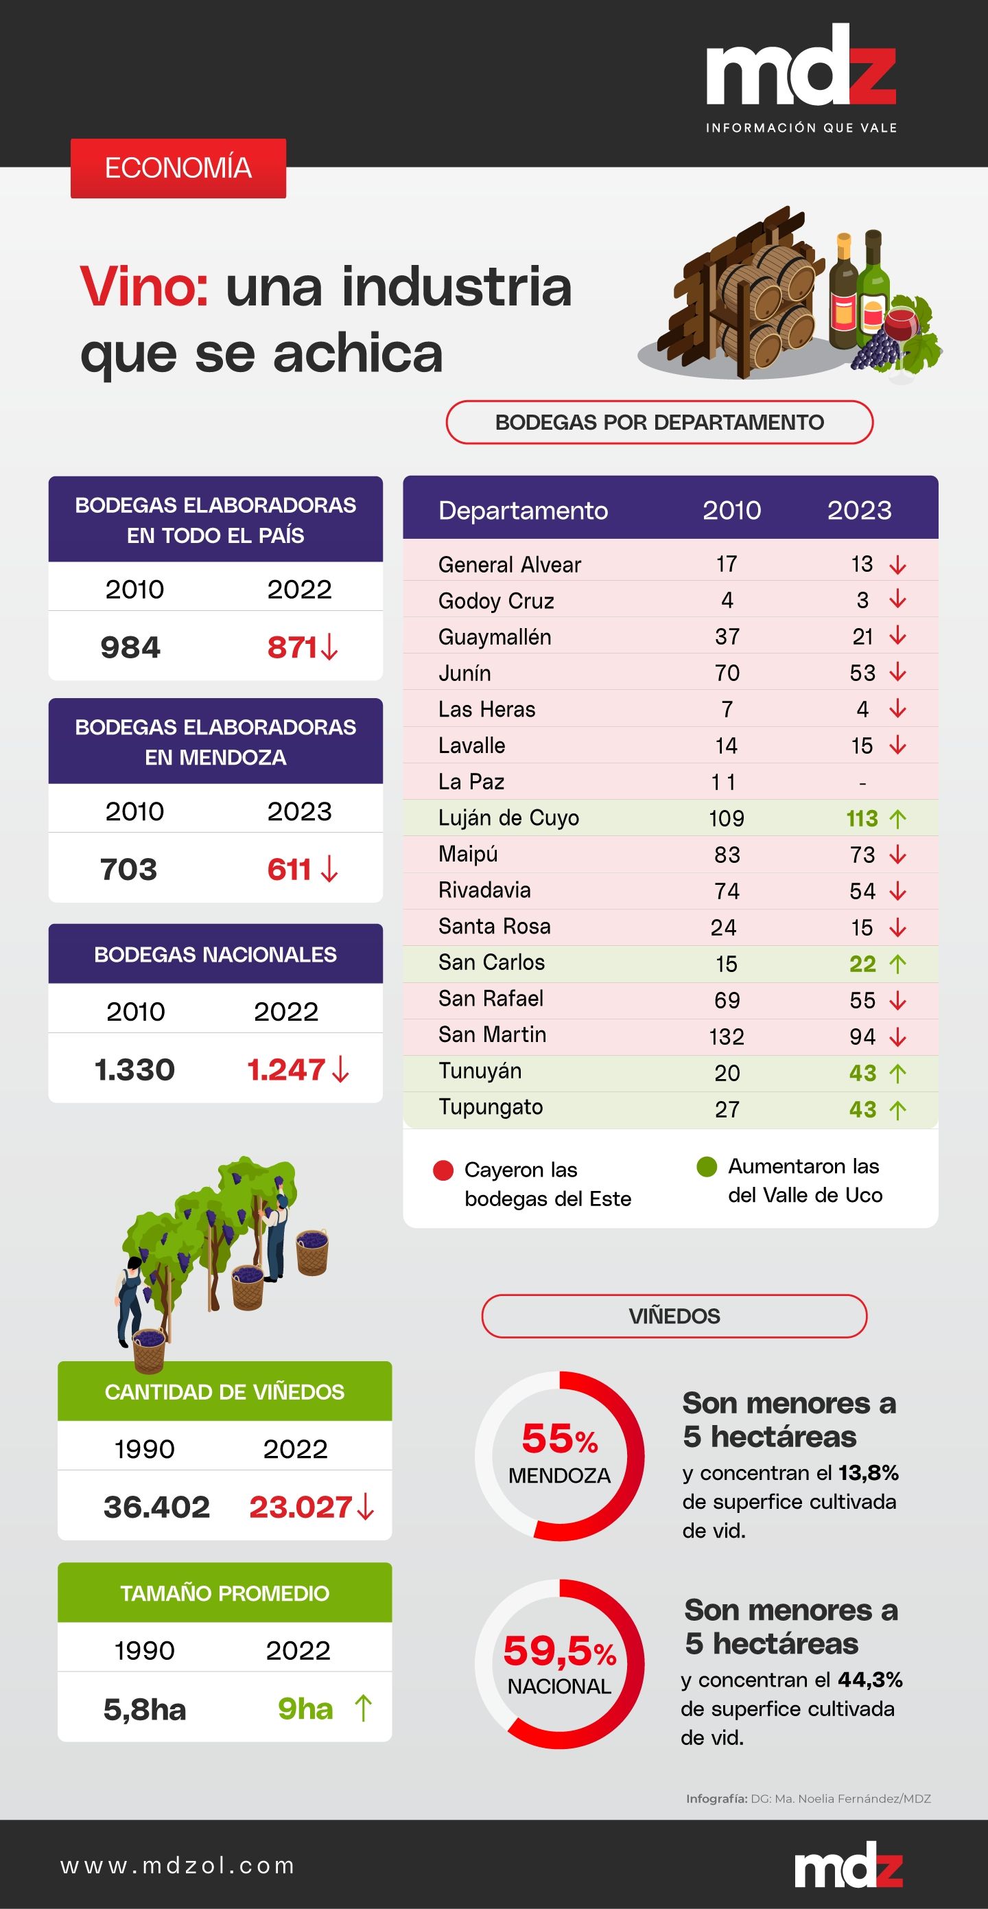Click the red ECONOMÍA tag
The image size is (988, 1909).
178,168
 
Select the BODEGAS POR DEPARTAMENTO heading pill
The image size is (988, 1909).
659,422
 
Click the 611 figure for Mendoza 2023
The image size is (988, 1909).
290,869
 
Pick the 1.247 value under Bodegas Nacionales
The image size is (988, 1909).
287,1069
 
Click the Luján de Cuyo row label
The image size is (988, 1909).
508,818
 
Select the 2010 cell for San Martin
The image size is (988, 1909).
726,1036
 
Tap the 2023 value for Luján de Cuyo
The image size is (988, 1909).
861,818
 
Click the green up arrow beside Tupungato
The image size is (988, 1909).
897,1109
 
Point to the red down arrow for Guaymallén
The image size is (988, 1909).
897,636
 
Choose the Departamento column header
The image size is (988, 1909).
523,510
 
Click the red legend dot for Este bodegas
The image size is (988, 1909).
443,1170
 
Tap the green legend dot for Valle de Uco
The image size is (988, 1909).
707,1166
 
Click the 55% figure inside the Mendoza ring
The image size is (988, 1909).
559,1438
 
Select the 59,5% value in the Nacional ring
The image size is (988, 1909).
559,1650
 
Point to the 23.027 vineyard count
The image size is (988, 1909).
300,1507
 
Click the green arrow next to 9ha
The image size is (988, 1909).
363,1709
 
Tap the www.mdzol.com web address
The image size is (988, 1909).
178,1865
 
